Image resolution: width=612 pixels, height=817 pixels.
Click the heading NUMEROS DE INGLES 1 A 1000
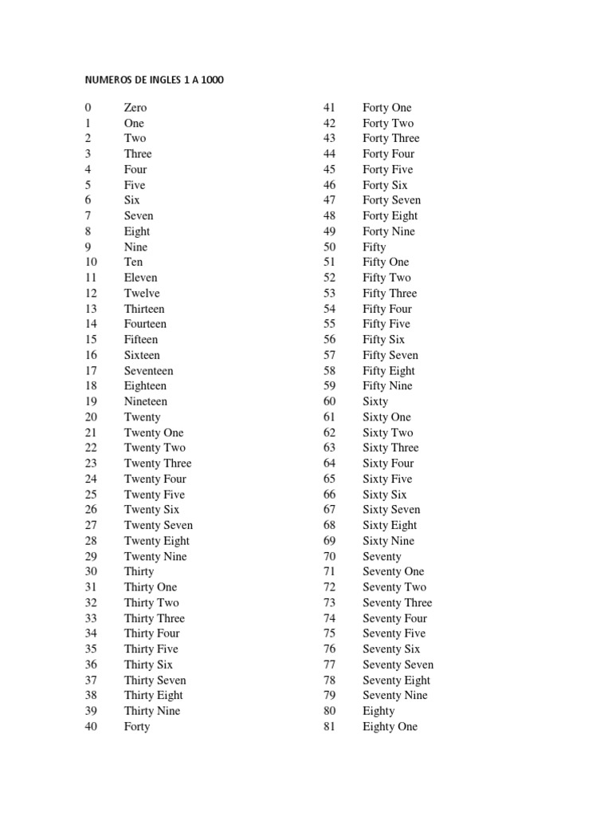160,81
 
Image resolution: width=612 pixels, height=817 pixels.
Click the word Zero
135,108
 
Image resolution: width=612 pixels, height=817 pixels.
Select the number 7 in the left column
88,216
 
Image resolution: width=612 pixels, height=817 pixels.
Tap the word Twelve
142,294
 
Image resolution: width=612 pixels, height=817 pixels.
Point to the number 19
91,401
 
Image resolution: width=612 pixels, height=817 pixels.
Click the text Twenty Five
155,495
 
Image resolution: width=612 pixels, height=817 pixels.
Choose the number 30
91,572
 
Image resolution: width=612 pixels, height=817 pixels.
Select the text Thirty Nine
152,711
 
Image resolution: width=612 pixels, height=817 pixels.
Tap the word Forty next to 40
137,727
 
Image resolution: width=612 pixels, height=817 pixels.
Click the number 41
329,108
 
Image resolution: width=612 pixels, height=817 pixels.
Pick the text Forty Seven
392,200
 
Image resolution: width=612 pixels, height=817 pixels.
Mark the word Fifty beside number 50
375,247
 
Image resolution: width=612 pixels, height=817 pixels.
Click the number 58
329,371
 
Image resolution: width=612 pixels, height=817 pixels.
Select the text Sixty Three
390,448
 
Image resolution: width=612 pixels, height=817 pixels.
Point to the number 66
329,495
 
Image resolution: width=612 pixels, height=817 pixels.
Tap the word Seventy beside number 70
382,556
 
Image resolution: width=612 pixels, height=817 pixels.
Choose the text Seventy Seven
398,665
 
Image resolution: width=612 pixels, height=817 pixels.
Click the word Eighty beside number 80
379,711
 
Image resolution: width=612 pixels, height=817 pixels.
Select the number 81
329,727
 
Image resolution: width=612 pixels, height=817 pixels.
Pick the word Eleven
141,278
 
